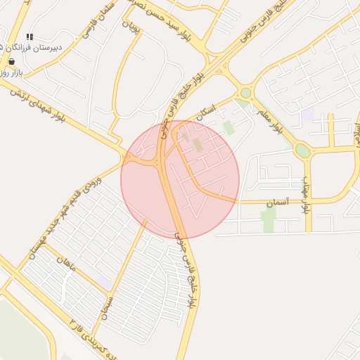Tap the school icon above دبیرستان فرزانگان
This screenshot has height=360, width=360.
coord(30,37)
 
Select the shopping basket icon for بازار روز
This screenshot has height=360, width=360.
coord(11,61)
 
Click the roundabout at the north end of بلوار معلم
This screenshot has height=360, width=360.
coord(245,92)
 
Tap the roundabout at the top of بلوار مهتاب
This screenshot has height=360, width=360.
coord(302,150)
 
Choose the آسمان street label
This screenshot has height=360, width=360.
coord(277,202)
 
